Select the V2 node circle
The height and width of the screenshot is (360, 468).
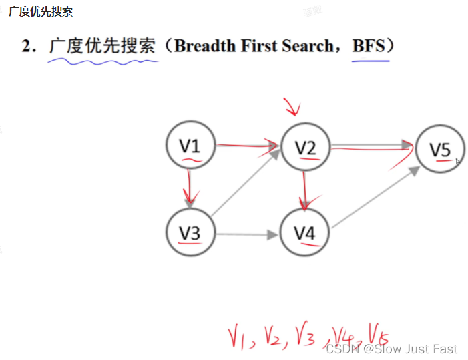click(x=306, y=148)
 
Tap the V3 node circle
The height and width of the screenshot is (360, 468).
click(x=190, y=232)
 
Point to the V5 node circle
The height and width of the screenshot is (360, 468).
click(x=439, y=149)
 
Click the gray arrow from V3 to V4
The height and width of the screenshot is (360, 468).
click(x=247, y=234)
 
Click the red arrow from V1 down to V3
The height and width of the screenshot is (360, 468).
click(x=191, y=187)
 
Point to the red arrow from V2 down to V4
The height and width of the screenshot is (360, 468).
click(x=305, y=190)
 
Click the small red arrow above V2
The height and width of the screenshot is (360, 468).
click(x=292, y=106)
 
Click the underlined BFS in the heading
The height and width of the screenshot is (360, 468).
click(x=370, y=46)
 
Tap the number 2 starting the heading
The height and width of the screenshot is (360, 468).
click(x=26, y=46)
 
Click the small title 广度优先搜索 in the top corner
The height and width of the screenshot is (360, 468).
click(x=41, y=11)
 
